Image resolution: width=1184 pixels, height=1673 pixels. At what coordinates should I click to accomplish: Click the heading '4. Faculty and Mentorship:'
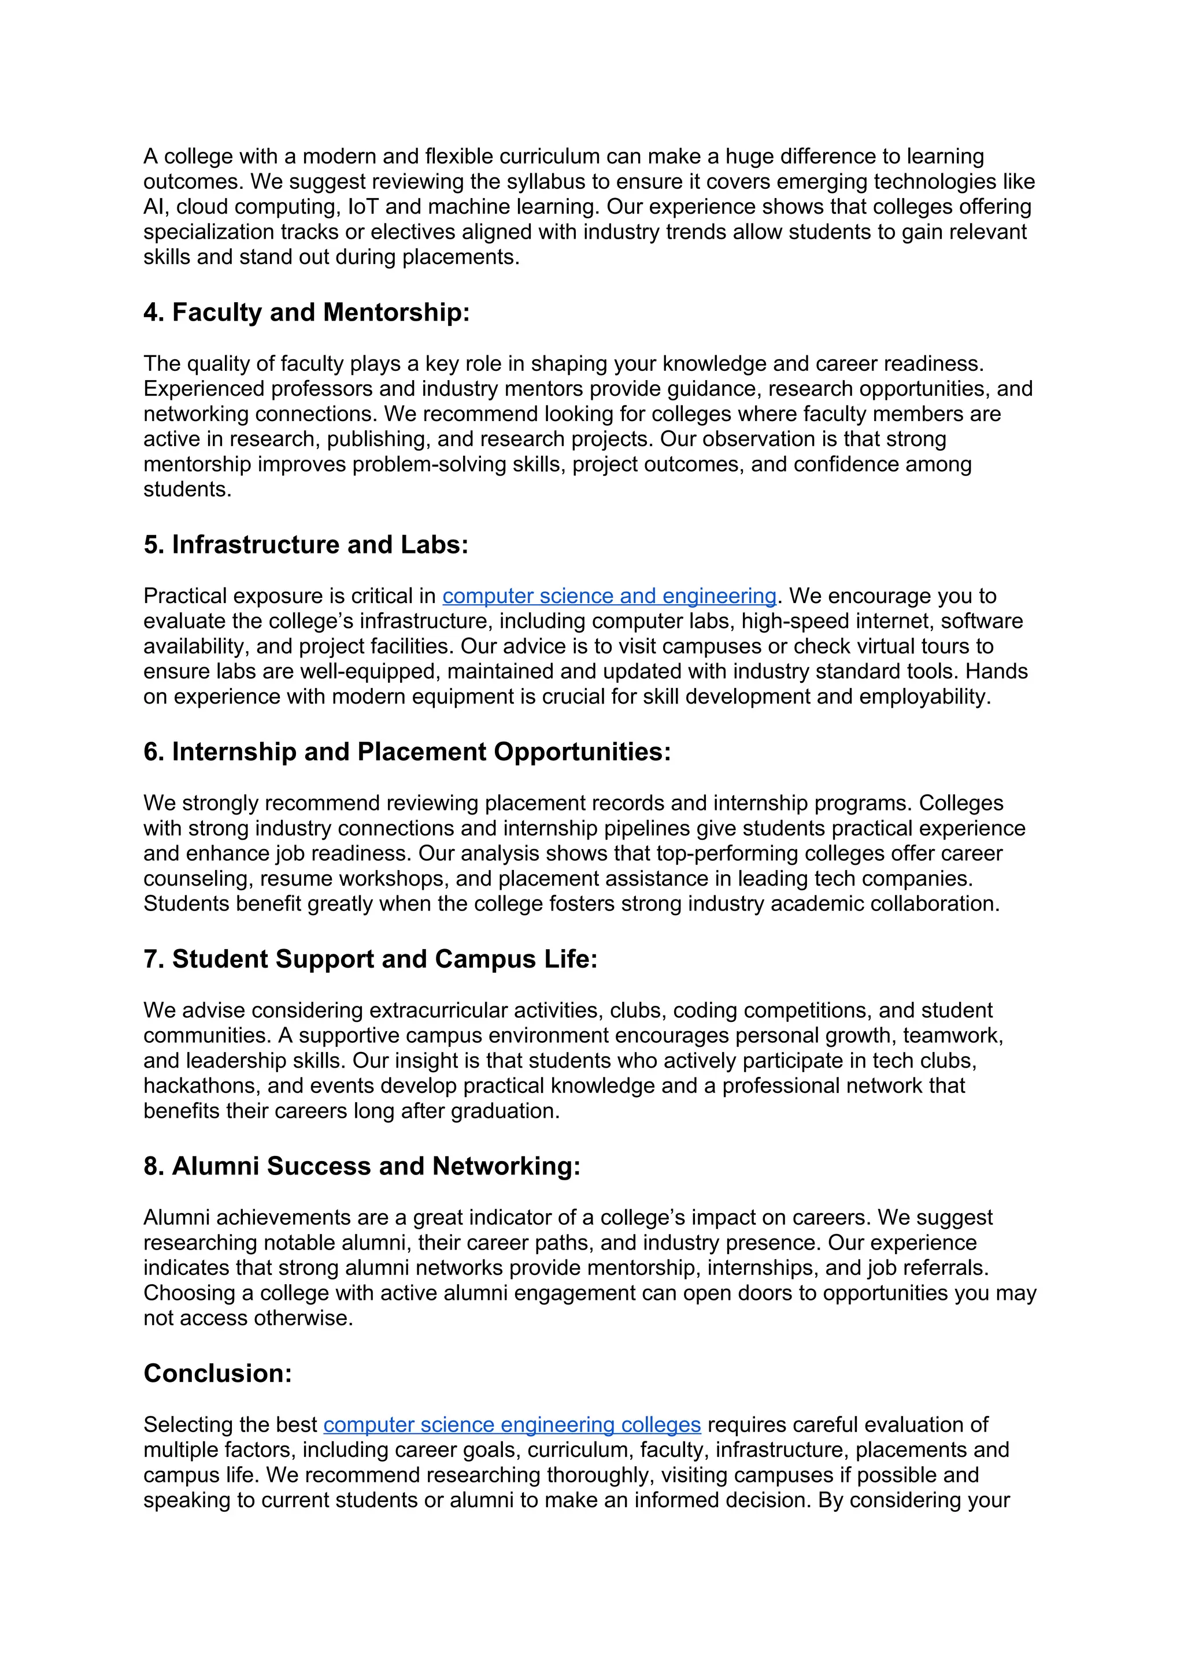click(306, 313)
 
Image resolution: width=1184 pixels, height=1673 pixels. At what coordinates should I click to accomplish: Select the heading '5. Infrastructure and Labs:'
click(305, 545)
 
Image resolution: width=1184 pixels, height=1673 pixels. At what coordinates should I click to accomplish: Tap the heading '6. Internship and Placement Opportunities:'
click(407, 752)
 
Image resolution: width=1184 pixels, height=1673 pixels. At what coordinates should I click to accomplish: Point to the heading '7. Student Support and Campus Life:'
click(371, 959)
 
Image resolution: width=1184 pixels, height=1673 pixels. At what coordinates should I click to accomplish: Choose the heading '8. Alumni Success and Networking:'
click(361, 1166)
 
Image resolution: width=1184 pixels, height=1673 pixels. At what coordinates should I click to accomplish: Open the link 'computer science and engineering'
click(609, 596)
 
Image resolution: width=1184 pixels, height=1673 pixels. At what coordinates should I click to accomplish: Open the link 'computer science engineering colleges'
click(512, 1425)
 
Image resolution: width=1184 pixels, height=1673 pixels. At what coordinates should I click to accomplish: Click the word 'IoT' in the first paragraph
click(363, 207)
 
